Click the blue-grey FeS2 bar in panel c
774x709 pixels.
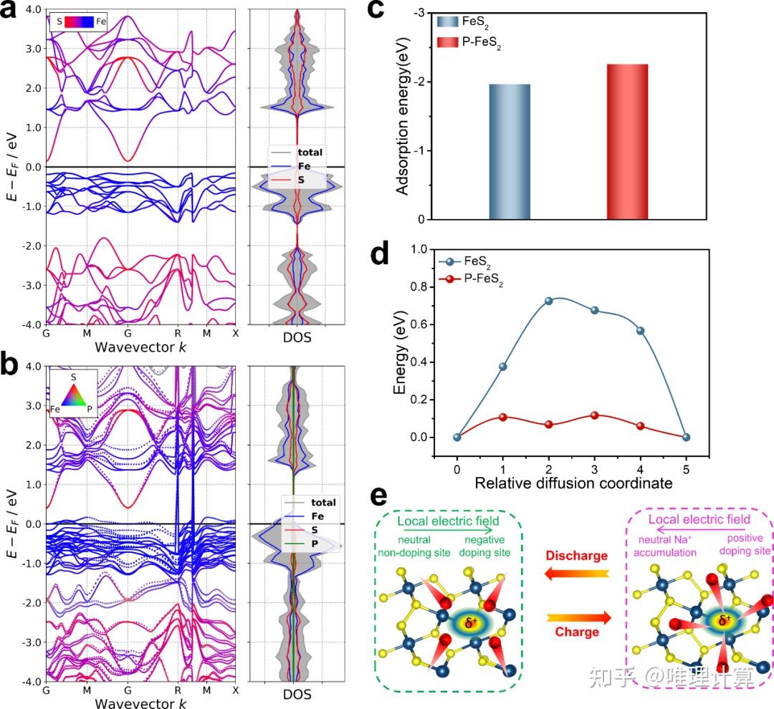pyautogui.click(x=509, y=152)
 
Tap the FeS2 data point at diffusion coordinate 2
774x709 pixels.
pyautogui.click(x=549, y=301)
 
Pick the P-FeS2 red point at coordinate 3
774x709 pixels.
pyautogui.click(x=594, y=415)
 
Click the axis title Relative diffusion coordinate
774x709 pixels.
pyautogui.click(x=573, y=483)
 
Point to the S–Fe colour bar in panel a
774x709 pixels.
pyautogui.click(x=80, y=22)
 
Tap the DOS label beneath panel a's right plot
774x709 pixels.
pyautogui.click(x=297, y=337)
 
